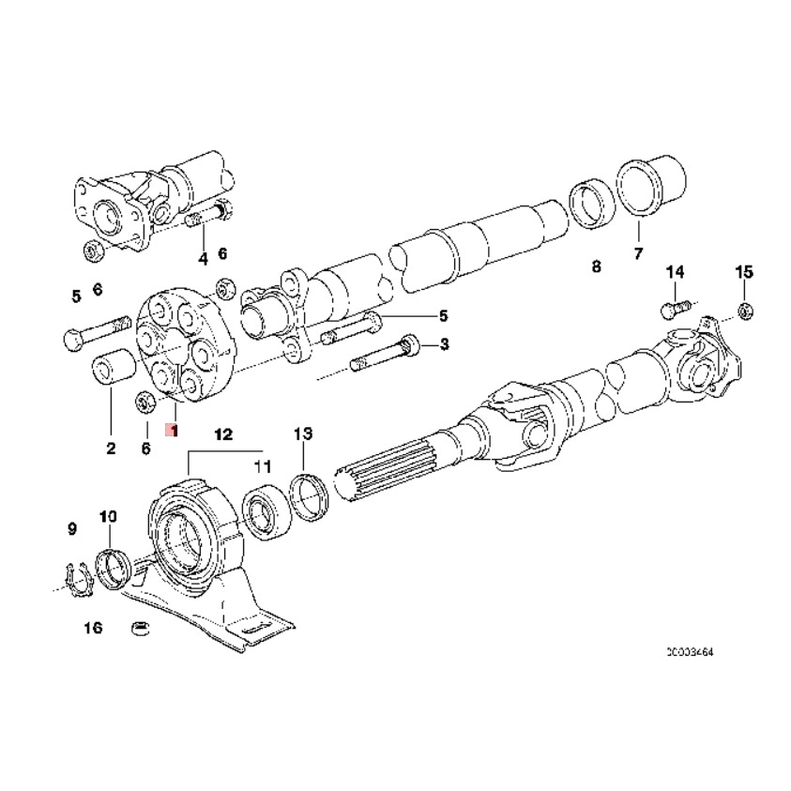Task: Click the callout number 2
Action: click(110, 449)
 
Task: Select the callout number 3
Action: click(444, 344)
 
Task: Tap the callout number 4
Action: click(202, 258)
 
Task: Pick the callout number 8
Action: click(595, 267)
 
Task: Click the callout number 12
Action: click(222, 434)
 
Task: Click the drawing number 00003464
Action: click(696, 650)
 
